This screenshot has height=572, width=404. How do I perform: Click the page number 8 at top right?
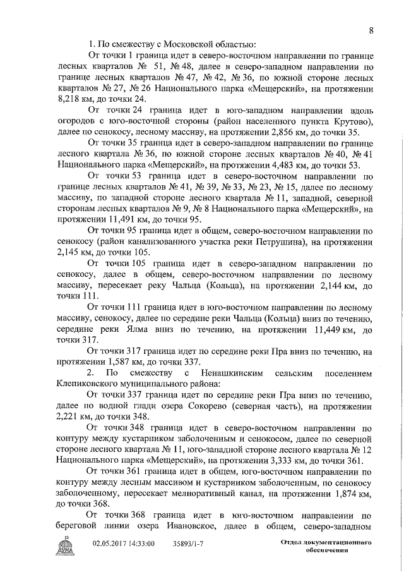371,30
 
